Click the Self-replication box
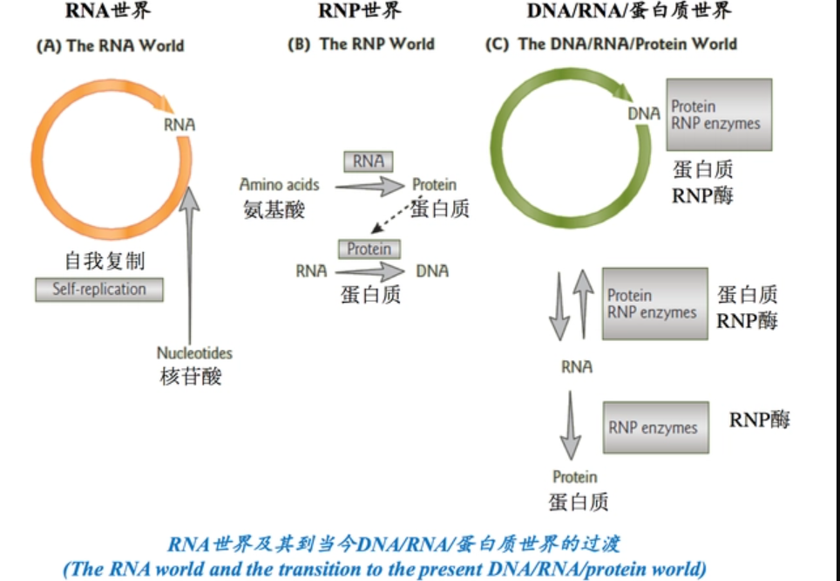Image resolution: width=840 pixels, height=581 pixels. tap(99, 289)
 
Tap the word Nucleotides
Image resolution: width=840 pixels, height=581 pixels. tap(194, 353)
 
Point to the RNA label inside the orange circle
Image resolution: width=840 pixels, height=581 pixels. tap(180, 125)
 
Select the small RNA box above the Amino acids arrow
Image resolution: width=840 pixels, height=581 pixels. tap(369, 161)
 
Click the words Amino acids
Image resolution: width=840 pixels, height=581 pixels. tap(280, 185)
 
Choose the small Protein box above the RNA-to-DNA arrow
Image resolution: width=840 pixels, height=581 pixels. tap(369, 249)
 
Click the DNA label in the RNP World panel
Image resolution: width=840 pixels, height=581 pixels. tap(432, 271)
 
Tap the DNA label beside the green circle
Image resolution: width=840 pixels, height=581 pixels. tap(644, 114)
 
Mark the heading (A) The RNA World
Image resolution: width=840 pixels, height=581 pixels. tap(110, 45)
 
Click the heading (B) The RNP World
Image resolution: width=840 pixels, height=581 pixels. tap(361, 44)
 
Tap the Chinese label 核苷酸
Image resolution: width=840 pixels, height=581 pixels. tap(192, 377)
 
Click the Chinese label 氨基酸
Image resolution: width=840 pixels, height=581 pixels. tap(274, 209)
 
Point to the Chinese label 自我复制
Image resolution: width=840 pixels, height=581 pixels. tap(105, 260)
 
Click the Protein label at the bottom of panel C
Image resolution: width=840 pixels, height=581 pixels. tap(575, 476)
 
